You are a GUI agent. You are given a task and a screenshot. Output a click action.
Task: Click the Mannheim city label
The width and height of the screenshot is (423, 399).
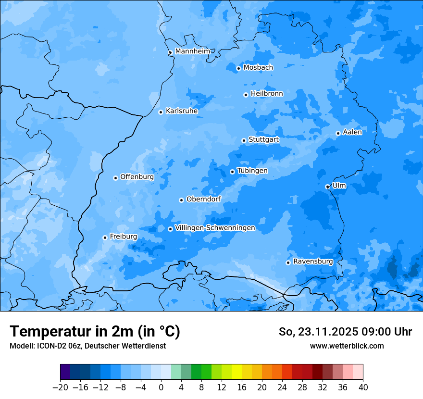(x=192, y=51)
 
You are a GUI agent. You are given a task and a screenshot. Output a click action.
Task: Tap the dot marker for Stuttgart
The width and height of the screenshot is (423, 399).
(x=244, y=140)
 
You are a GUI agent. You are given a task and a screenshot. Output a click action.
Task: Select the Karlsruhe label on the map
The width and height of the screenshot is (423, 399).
(x=182, y=111)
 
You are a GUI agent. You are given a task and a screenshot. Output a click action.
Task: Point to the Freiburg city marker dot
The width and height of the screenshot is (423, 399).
(x=105, y=237)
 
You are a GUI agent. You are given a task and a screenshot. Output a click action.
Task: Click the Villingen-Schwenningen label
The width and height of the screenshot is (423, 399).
(x=215, y=228)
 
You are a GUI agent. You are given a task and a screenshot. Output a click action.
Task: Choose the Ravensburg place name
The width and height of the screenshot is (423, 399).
(x=313, y=262)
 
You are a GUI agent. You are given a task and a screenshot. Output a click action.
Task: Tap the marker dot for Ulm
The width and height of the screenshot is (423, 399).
(x=327, y=187)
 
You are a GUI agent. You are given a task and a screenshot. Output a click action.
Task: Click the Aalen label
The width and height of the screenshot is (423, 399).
(x=352, y=132)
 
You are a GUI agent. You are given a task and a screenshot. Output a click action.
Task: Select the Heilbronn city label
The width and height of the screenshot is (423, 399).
(x=267, y=94)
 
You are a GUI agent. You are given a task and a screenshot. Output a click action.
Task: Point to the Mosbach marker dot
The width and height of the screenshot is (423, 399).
(x=238, y=68)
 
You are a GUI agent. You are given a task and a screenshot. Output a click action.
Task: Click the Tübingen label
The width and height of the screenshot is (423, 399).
(x=252, y=171)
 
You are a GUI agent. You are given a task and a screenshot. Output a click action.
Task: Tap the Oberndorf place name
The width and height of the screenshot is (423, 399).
(x=203, y=199)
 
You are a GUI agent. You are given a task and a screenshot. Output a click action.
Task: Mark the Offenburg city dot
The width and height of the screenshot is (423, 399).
(x=115, y=178)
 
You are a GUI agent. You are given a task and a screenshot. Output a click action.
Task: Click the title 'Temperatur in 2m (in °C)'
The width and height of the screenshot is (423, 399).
(x=95, y=332)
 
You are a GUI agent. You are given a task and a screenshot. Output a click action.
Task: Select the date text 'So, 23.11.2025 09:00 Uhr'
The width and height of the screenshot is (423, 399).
(x=345, y=332)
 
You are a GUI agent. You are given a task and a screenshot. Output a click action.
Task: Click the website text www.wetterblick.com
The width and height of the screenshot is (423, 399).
(x=347, y=346)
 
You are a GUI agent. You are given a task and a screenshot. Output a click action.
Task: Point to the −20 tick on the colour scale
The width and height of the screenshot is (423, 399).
(x=60, y=387)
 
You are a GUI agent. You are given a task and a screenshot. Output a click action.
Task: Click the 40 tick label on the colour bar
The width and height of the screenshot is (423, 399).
(x=363, y=387)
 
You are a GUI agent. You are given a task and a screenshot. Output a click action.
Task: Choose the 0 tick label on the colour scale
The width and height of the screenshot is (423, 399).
(x=161, y=387)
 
